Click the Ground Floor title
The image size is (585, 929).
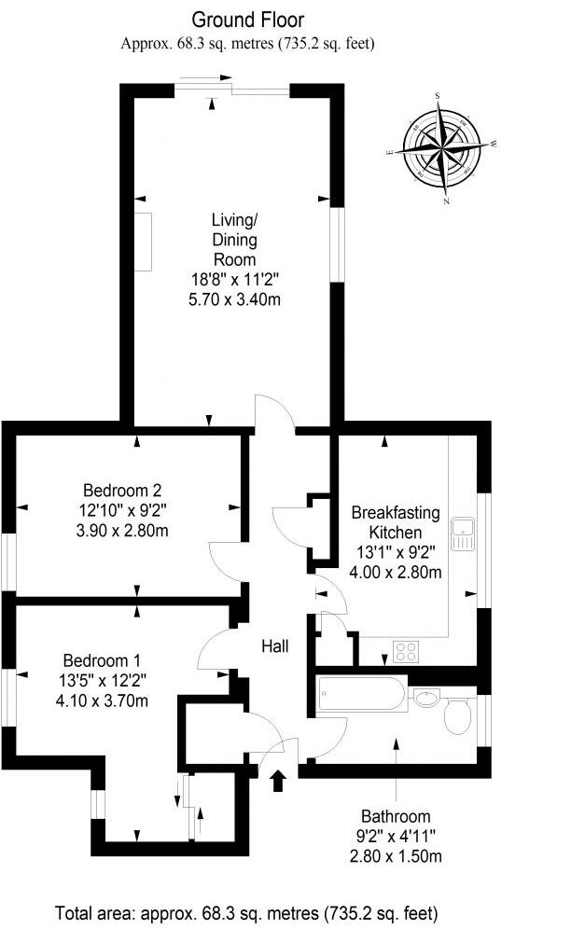(x=247, y=20)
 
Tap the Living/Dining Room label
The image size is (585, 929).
(x=234, y=240)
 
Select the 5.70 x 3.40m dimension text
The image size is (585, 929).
(x=234, y=298)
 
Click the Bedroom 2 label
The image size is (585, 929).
(x=123, y=490)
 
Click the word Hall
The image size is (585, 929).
(x=275, y=645)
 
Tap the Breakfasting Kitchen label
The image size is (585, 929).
(x=396, y=521)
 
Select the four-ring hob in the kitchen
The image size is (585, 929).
(x=407, y=651)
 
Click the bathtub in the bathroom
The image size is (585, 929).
(x=361, y=695)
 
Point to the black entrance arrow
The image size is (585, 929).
(x=277, y=780)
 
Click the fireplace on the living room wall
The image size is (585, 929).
(x=143, y=242)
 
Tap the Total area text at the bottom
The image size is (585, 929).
(x=246, y=912)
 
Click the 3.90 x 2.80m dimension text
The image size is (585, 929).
(x=123, y=530)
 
